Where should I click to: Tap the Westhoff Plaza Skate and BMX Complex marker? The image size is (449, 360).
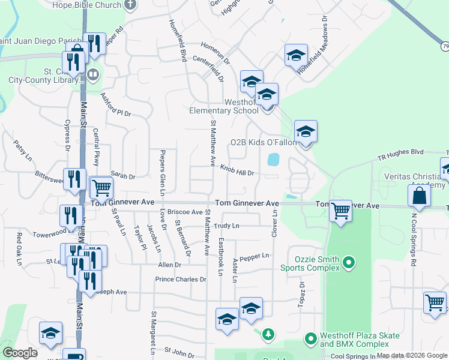click(310, 339)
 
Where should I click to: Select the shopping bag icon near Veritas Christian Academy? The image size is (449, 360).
click(419, 196)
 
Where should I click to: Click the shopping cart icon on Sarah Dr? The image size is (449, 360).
click(101, 188)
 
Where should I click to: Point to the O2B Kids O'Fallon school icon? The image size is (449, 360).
click(306, 132)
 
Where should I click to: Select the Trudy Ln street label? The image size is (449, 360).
click(226, 226)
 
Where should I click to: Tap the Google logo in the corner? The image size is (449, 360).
click(20, 353)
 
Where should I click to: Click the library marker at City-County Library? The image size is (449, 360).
click(92, 75)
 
